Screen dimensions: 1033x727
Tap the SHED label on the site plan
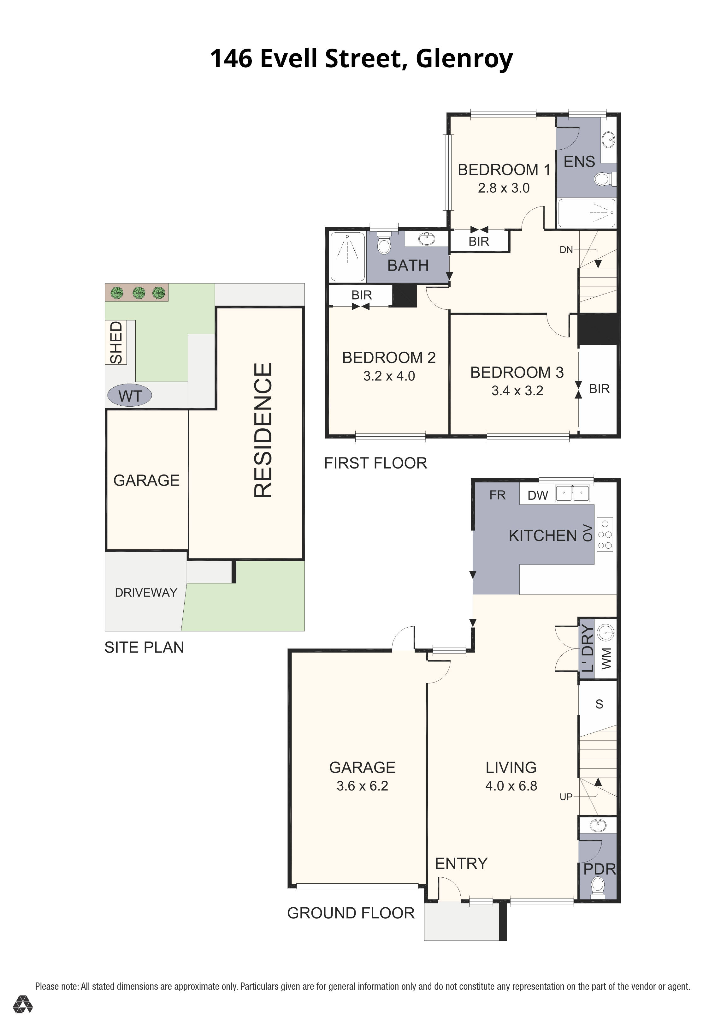click(116, 342)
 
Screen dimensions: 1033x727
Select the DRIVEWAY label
click(146, 593)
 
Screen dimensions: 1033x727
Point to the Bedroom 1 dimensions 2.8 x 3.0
click(504, 188)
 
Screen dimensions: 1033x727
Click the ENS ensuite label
click(579, 162)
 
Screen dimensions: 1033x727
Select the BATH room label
click(408, 266)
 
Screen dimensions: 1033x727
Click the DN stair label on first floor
click(566, 250)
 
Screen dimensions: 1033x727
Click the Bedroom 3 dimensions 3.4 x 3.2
click(517, 391)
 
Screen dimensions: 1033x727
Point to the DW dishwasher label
click(538, 495)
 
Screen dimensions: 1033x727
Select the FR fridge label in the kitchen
click(497, 495)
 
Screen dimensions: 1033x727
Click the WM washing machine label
click(606, 658)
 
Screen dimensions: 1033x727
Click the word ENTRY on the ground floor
click(461, 863)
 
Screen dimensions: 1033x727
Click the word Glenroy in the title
click(464, 58)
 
